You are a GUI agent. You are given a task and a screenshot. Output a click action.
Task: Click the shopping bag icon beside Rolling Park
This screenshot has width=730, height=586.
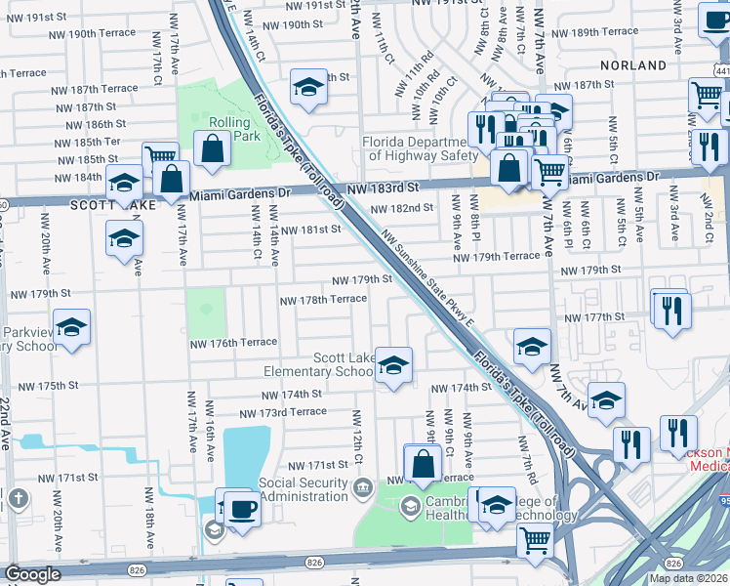(212, 149)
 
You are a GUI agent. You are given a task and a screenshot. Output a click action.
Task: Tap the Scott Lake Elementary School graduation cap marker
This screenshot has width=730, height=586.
(393, 365)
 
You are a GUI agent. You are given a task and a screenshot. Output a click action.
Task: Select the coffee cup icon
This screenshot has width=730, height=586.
(242, 509)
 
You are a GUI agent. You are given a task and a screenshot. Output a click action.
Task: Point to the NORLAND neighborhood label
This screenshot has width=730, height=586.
(634, 65)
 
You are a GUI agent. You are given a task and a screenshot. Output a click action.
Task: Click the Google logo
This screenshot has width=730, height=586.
(33, 574)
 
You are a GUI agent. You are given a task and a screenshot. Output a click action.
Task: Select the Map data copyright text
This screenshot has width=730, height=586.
(689, 578)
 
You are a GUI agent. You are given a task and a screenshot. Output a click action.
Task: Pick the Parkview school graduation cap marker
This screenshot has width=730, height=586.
(71, 328)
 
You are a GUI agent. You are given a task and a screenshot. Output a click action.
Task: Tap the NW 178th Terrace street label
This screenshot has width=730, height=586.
(323, 300)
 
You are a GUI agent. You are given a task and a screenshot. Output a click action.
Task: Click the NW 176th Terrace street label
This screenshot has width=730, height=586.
(233, 344)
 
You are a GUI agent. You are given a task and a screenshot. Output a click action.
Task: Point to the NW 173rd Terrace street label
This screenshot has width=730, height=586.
(280, 411)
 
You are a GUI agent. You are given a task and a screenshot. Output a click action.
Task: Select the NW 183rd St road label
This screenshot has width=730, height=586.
(382, 187)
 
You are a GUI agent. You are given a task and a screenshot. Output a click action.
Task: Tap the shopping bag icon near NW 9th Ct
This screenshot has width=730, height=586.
(423, 462)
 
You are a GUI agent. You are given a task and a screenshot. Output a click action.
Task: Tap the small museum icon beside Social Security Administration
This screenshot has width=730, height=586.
(363, 485)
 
